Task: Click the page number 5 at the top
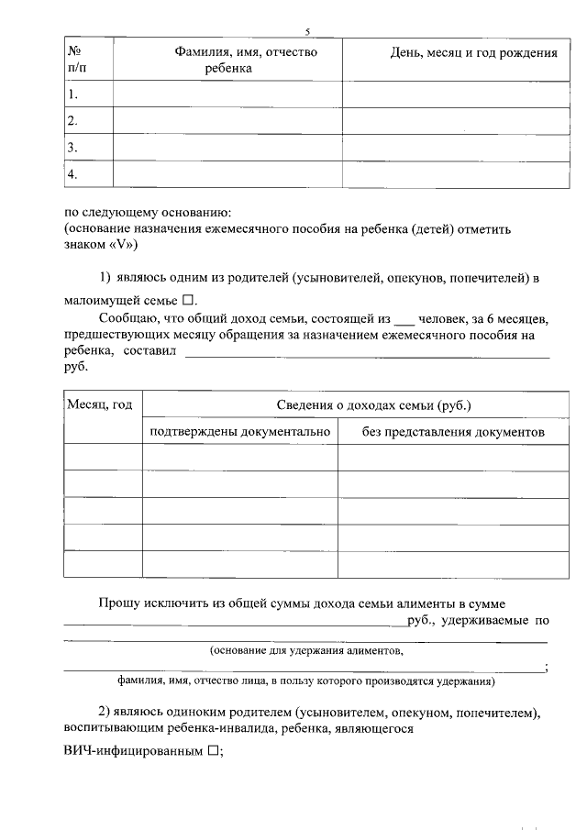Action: point(308,31)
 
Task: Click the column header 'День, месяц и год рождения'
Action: point(474,53)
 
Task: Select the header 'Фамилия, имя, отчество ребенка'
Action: point(246,61)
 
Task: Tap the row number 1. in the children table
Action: point(73,94)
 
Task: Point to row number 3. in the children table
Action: point(73,147)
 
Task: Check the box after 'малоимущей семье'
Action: point(187,300)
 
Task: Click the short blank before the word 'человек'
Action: point(404,320)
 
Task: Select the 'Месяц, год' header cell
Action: point(103,405)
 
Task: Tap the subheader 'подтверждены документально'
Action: point(239,431)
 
